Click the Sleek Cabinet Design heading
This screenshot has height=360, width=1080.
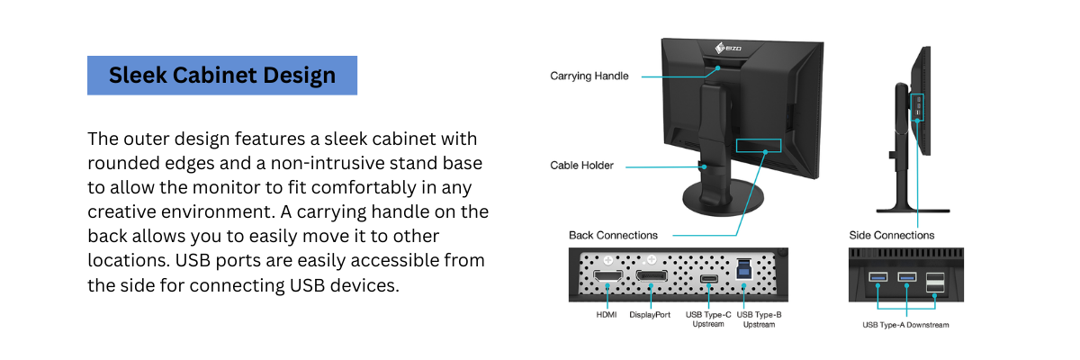(221, 76)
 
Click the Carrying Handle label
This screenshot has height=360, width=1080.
(589, 76)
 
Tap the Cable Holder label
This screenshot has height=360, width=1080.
(581, 166)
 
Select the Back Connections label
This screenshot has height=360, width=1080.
(613, 235)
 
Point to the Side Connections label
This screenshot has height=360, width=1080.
(891, 235)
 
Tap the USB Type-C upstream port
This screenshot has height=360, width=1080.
(707, 277)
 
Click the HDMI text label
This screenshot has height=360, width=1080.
(607, 316)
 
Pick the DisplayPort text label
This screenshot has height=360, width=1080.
(650, 316)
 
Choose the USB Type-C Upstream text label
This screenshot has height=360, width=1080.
(707, 319)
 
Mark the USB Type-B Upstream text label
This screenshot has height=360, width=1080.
(758, 319)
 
